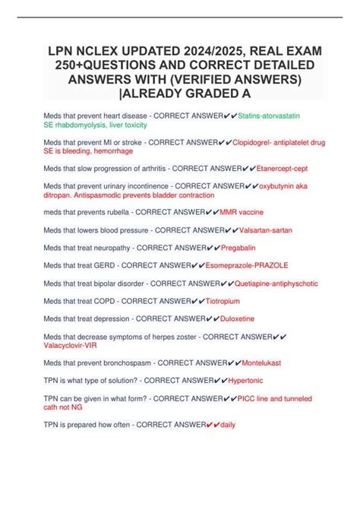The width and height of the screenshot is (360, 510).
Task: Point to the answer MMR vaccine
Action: [x=242, y=212]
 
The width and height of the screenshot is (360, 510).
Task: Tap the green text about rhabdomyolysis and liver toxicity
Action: [x=95, y=124]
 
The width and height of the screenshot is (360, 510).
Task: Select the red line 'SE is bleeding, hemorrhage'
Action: [x=88, y=150]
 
